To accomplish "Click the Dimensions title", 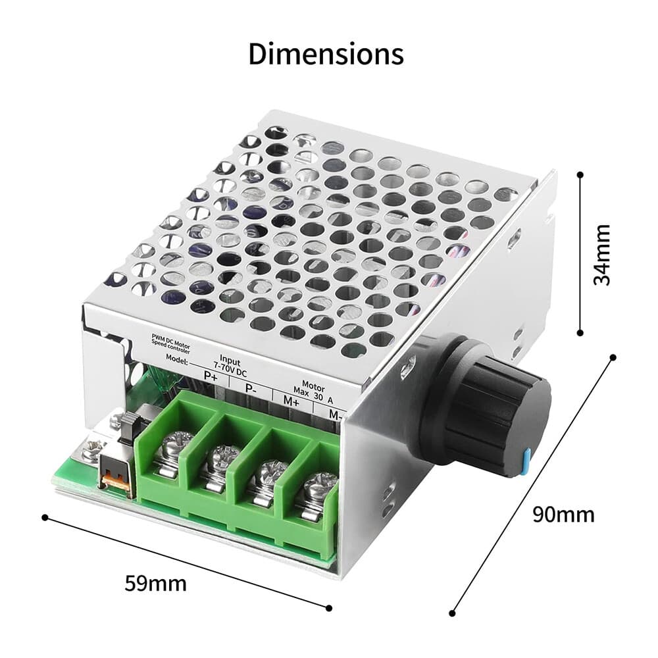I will pos(326,54).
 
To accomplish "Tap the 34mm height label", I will pos(601,255).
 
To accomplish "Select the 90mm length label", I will pos(563,514).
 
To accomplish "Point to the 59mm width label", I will pos(155,583).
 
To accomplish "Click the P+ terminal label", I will pos(211,376).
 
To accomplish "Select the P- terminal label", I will pos(251,388).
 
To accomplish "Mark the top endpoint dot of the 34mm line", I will pos(580,174).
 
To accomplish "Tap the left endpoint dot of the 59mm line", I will pos(45,517).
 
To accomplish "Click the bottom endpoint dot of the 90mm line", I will pos(453,613).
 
